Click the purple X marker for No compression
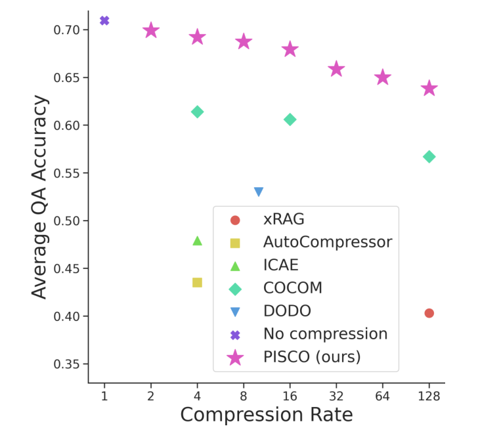[x=104, y=20]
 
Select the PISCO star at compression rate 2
[x=151, y=30]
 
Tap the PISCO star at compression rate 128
[x=429, y=88]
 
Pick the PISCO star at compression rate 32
[x=336, y=69]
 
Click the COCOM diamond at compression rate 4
[x=197, y=112]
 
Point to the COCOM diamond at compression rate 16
[x=290, y=119]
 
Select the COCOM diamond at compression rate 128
[x=429, y=157]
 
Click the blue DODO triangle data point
[x=259, y=192]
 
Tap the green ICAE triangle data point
[x=197, y=241]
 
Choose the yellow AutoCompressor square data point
[x=197, y=282]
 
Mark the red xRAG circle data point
[x=429, y=313]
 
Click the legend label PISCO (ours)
[x=312, y=357]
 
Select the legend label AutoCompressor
[x=327, y=242]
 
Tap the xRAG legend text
[x=284, y=219]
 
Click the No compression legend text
[x=325, y=334]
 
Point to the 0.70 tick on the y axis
[x=67, y=30]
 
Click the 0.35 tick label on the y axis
[x=67, y=364]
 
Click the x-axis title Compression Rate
[x=266, y=415]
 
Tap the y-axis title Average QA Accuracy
[x=40, y=197]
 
